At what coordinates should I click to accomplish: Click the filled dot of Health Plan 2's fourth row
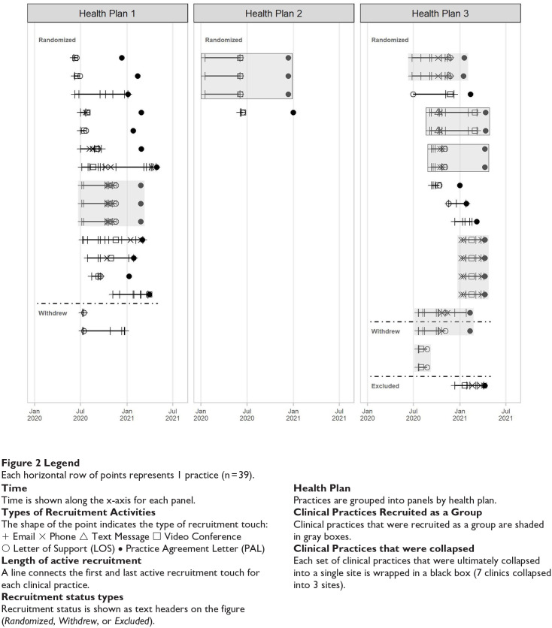293,113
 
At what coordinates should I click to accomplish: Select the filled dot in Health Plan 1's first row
121,57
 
